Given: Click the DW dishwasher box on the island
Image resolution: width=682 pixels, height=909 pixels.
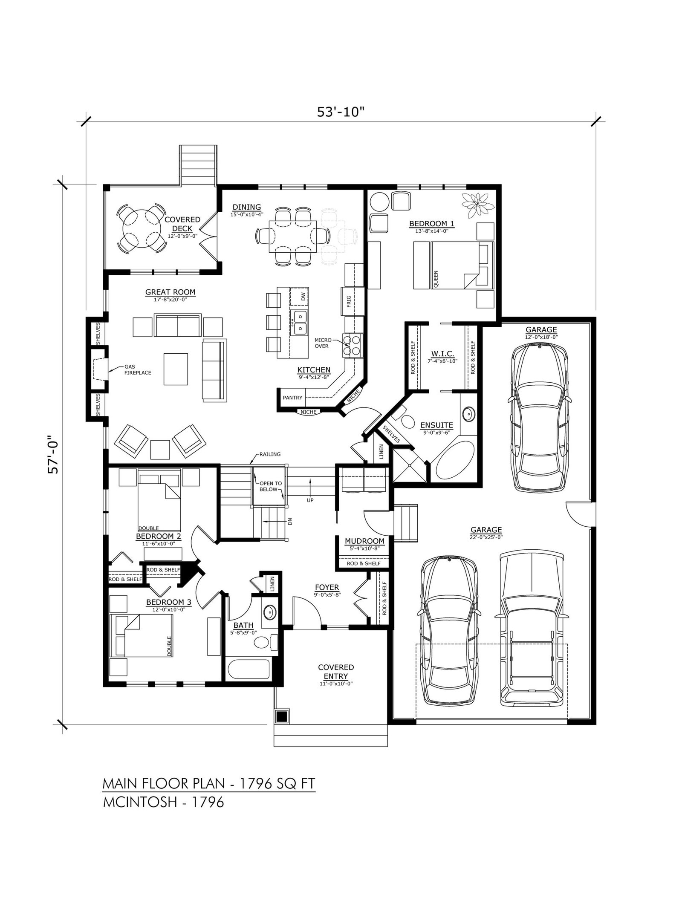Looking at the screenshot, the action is click(x=299, y=296).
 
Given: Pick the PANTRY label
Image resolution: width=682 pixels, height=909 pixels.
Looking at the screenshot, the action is click(x=292, y=398).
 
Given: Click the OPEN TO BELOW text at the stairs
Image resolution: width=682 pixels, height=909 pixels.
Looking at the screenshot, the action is click(x=271, y=486).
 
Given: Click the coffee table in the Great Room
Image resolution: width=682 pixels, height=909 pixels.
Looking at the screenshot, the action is click(x=176, y=369).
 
